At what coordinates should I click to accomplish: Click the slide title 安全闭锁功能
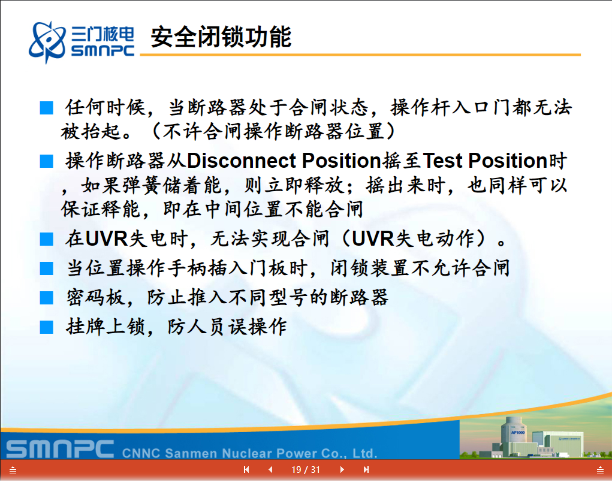pos(221,37)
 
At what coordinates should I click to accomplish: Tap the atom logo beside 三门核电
pos(47,42)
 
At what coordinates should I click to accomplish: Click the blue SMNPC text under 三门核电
pos(102,50)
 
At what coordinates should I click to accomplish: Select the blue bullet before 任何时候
pos(46,108)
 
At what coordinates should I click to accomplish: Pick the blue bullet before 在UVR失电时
pos(46,239)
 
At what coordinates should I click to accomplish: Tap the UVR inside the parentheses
pos(373,239)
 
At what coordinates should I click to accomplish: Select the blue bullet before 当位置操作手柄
pos(46,268)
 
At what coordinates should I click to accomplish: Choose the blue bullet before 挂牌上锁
pos(46,327)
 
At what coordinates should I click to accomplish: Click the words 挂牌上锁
pos(105,327)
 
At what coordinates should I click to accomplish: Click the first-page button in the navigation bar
pos(246,469)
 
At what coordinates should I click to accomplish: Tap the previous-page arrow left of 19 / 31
pos(270,469)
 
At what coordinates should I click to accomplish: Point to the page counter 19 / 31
pos(306,470)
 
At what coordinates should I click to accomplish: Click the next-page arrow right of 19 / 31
pos(342,469)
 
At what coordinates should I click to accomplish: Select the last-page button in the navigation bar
pos(366,469)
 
